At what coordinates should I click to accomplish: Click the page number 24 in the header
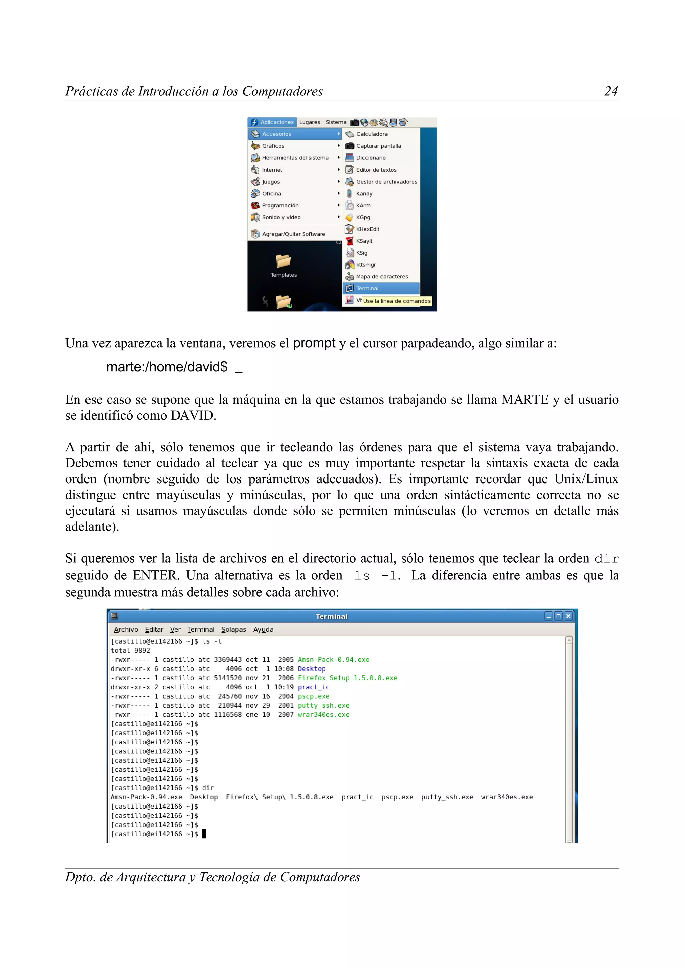611,91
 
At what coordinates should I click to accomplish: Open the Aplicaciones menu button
272,122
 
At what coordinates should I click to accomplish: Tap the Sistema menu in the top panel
336,122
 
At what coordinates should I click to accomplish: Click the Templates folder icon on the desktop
283,261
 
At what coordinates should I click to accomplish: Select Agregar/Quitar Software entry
293,234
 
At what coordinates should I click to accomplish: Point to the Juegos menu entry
271,182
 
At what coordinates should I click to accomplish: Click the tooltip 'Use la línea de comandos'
396,301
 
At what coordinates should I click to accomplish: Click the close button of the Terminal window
568,616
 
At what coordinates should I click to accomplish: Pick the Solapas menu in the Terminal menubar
233,630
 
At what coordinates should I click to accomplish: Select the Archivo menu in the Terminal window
126,630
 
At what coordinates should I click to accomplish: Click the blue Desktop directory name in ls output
312,669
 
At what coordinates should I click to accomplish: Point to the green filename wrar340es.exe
323,715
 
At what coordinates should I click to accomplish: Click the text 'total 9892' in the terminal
130,651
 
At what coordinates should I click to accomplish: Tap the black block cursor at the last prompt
204,834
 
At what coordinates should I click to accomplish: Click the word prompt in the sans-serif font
314,343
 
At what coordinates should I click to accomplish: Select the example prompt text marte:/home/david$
167,367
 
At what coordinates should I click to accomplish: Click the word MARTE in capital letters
525,400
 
